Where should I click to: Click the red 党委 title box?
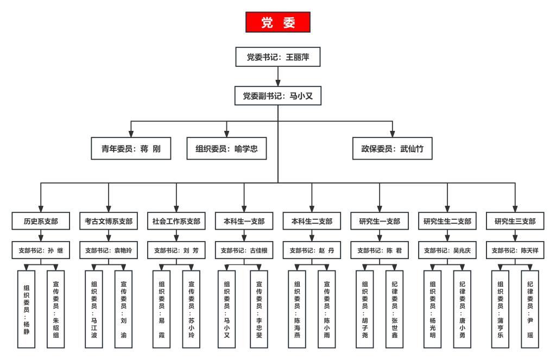pos(277,22)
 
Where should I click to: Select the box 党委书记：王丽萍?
pos(277,57)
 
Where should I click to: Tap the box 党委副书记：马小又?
pos(277,96)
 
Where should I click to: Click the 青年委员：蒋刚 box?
pos(131,148)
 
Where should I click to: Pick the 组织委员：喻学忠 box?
pos(226,148)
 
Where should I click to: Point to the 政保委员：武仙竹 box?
pos(392,148)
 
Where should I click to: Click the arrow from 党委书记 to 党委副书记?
pos(277,76)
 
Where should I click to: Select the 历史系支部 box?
pos(41,221)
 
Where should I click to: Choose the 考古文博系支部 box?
pos(109,221)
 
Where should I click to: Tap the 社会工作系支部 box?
pos(176,221)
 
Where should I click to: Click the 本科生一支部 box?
pos(244,221)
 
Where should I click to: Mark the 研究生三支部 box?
pos(515,221)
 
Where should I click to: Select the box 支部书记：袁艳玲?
pos(109,250)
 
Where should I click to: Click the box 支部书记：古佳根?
pos(244,250)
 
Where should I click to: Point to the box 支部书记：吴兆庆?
pos(447,250)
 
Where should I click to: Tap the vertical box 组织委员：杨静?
pos(26,309)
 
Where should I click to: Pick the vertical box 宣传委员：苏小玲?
pos(191,309)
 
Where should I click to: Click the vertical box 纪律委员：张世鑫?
pos(394,309)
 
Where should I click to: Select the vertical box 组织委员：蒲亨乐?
pos(500,309)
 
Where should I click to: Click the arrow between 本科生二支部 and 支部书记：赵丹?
pos(312,236)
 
